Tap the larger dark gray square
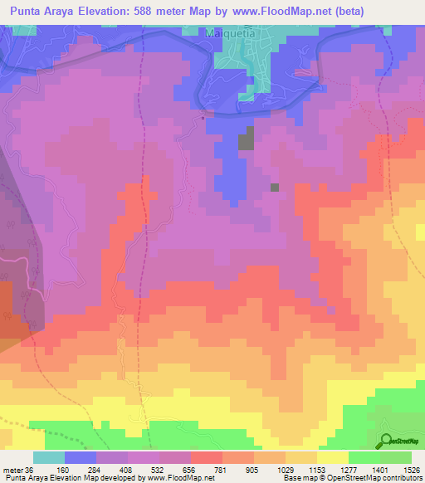(x=247, y=141)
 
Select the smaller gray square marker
(x=275, y=187)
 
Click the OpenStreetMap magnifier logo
(x=388, y=442)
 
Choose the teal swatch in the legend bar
(x=49, y=457)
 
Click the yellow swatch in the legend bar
(x=332, y=457)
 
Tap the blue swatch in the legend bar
(x=81, y=457)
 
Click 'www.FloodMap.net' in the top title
(x=288, y=9)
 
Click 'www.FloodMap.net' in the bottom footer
(x=175, y=478)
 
